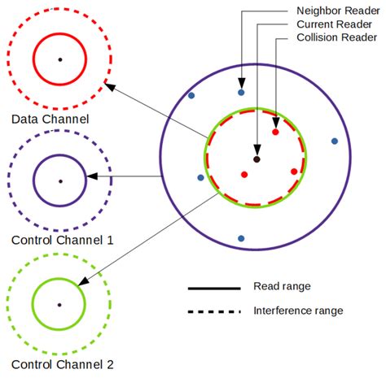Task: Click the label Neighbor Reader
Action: click(338, 11)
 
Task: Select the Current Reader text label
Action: click(335, 24)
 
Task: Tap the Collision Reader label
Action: click(336, 37)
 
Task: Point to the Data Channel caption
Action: click(50, 119)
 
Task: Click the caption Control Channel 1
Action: click(63, 241)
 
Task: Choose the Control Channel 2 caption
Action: click(63, 365)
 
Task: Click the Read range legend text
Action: click(282, 286)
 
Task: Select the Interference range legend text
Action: click(298, 311)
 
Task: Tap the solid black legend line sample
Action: click(213, 288)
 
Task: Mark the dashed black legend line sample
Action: click(213, 311)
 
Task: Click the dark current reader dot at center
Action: click(257, 159)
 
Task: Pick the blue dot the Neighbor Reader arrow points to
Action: click(241, 93)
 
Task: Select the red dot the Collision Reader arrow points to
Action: click(275, 131)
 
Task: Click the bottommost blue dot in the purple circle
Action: click(241, 238)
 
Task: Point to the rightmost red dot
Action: click(294, 172)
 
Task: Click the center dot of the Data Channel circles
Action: click(59, 59)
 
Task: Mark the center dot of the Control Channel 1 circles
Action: click(59, 180)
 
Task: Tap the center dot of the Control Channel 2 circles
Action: click(59, 304)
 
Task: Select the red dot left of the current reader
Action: click(243, 174)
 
